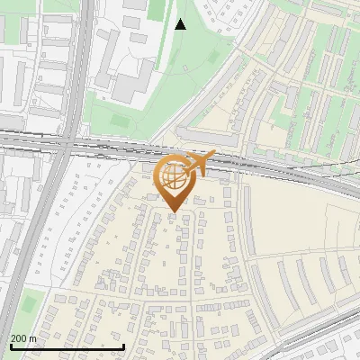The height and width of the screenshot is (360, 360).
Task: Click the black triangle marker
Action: pyautogui.click(x=180, y=24)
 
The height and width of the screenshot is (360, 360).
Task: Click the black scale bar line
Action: pyautogui.click(x=67, y=346)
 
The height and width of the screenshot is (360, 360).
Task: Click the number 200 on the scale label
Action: pyautogui.click(x=20, y=338)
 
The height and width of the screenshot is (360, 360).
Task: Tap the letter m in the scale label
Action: pyautogui.click(x=33, y=338)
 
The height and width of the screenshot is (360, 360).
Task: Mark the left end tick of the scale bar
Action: pyautogui.click(x=10, y=345)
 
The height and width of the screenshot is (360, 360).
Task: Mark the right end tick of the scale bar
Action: pyautogui.click(x=123, y=345)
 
